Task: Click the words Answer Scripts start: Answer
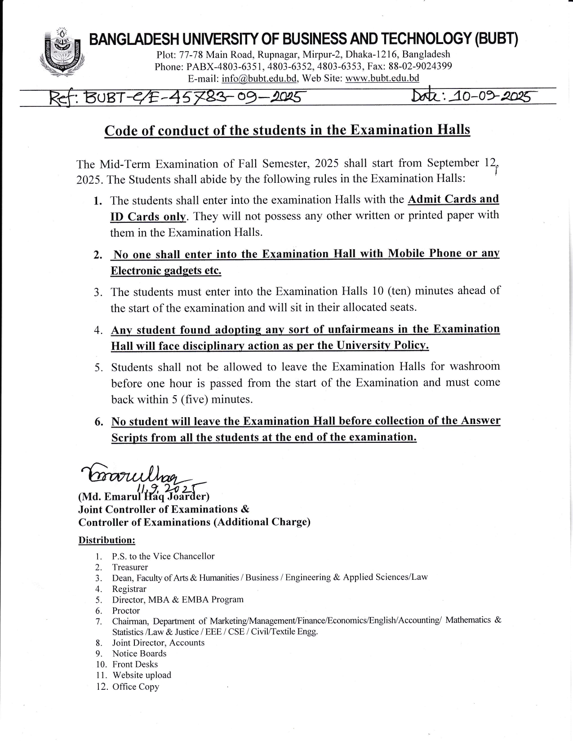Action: click(x=480, y=421)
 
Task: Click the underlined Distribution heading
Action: click(x=107, y=540)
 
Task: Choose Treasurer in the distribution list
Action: click(x=130, y=567)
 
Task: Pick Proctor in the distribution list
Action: click(x=126, y=610)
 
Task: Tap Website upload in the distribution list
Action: click(x=142, y=675)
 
